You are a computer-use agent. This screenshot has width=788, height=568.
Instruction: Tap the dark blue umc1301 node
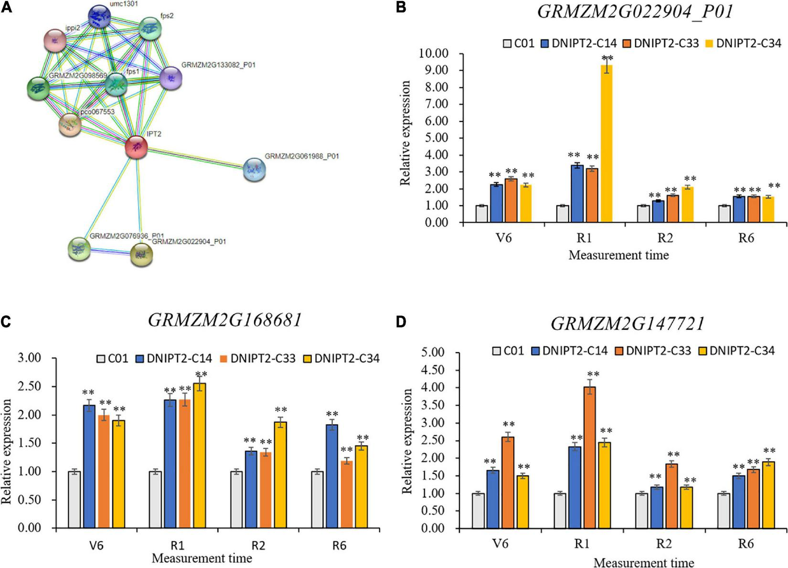coord(103,17)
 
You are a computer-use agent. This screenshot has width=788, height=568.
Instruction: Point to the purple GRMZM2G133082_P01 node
coord(170,78)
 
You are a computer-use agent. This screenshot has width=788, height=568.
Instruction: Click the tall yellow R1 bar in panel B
coord(607,143)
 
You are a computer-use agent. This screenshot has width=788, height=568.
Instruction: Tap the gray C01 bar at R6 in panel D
coord(724,511)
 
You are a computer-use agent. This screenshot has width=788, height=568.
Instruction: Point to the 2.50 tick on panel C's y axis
coord(30,386)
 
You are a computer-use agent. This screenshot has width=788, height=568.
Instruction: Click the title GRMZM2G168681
coord(225,320)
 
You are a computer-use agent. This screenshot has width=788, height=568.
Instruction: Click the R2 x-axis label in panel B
coord(665,237)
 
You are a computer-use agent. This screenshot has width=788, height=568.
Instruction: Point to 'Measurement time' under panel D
coord(643,562)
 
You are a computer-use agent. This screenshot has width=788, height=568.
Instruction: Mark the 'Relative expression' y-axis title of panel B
coord(405,133)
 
